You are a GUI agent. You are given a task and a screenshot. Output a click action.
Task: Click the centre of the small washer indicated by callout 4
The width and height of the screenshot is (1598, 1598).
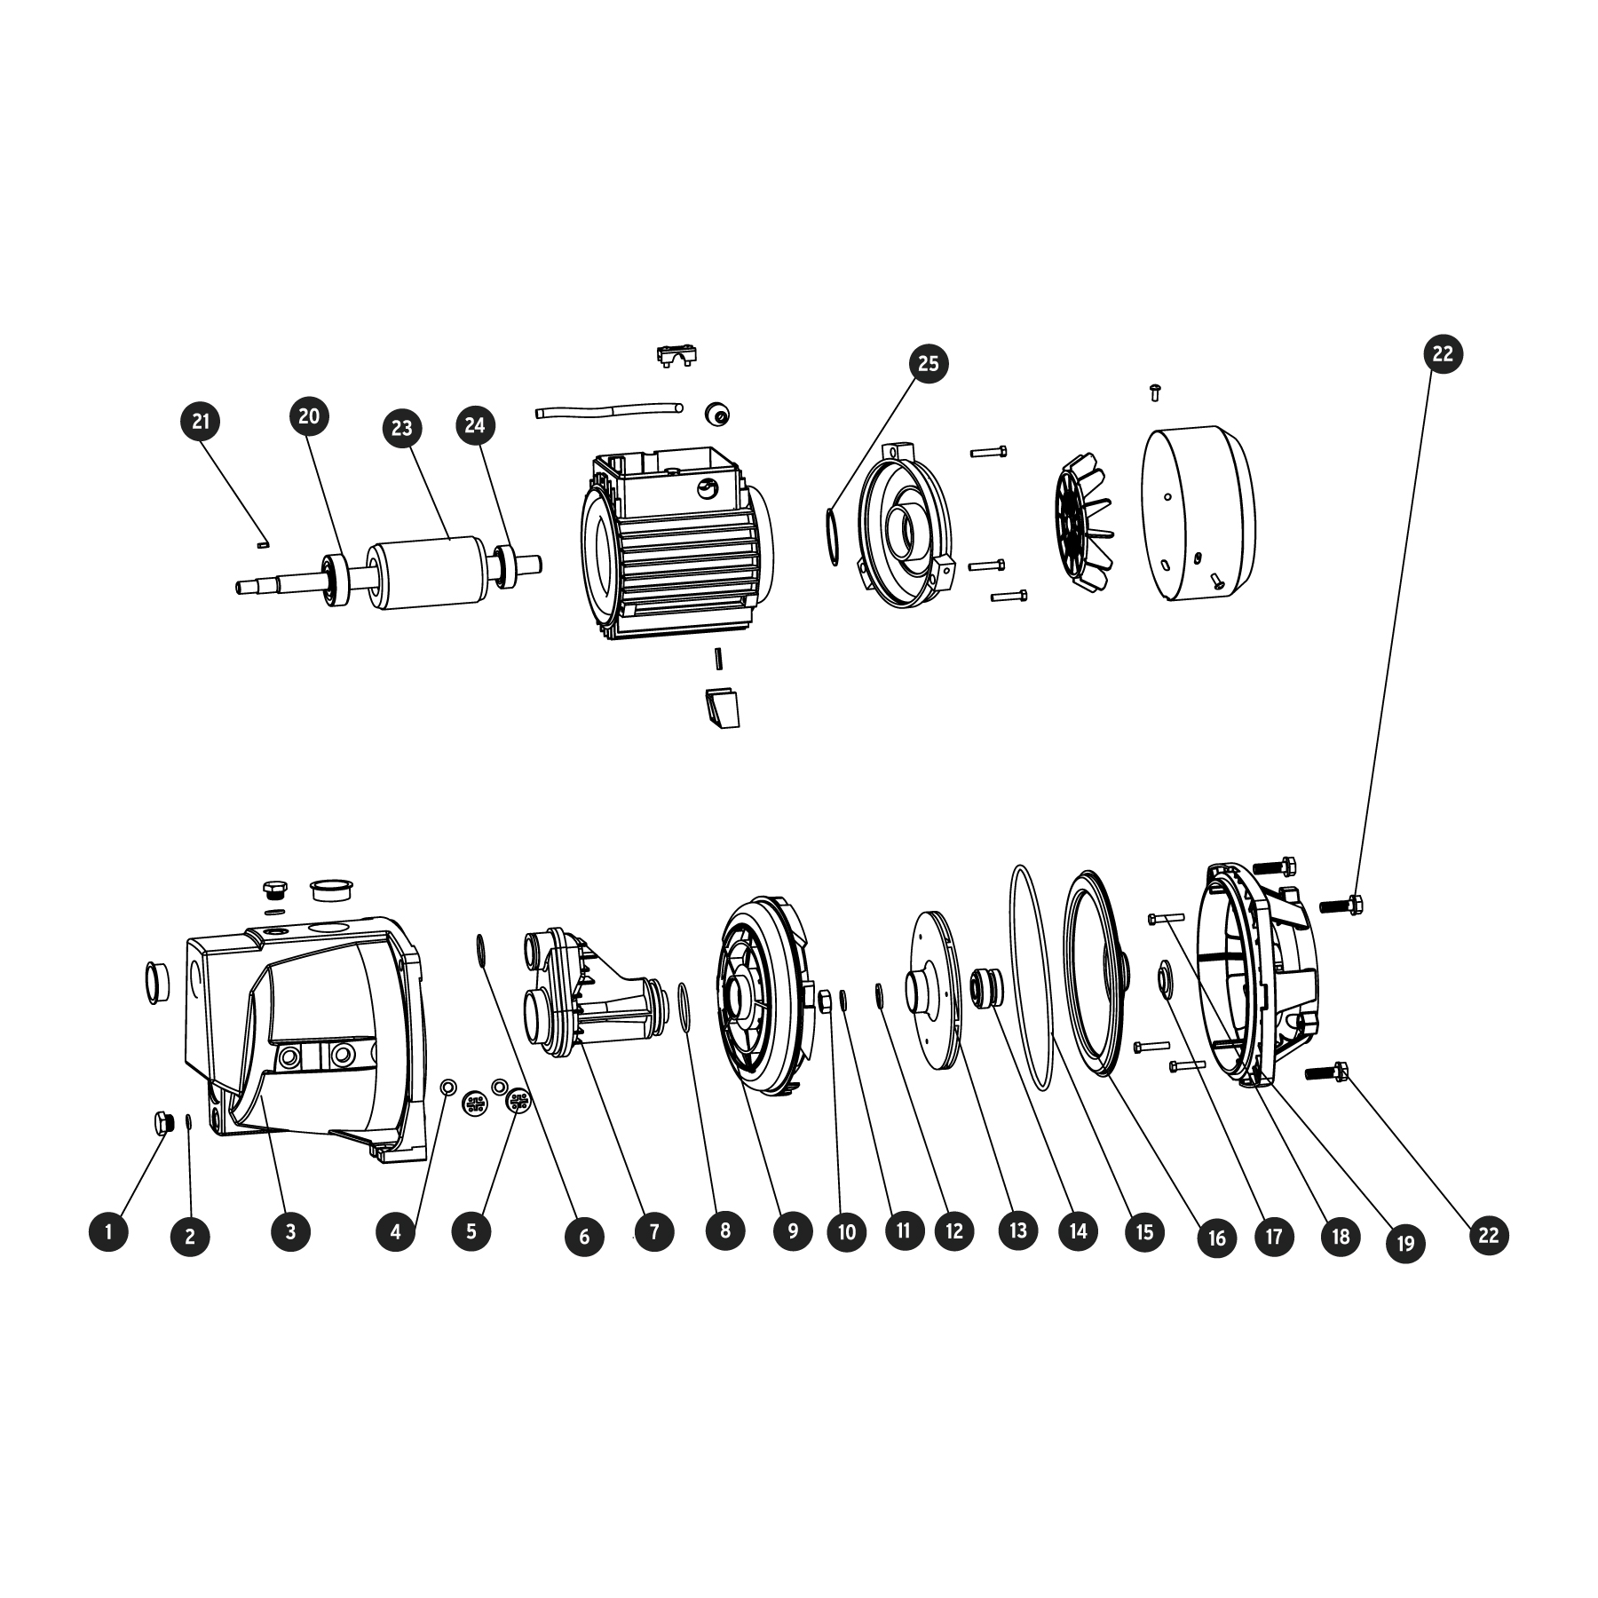(x=448, y=1088)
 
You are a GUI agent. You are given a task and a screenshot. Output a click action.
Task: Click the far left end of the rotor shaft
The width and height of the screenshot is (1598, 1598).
(x=238, y=586)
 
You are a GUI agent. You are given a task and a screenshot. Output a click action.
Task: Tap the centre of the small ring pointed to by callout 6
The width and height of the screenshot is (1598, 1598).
(x=480, y=949)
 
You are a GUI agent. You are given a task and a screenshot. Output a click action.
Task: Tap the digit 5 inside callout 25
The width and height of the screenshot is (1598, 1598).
(x=933, y=364)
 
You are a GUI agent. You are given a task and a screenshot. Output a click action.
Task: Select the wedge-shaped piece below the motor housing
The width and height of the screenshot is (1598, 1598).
(x=723, y=708)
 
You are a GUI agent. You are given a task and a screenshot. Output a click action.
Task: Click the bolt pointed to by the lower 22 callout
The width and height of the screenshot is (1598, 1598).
(x=1327, y=1074)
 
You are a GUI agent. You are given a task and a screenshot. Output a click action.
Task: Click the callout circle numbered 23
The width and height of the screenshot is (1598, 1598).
(x=402, y=428)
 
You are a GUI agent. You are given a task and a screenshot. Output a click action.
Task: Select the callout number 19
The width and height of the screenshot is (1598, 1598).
(x=1405, y=1243)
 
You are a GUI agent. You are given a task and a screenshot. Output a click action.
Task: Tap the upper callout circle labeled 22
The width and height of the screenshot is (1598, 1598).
(x=1443, y=353)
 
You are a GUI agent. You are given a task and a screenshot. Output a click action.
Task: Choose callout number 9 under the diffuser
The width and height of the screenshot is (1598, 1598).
(x=793, y=1230)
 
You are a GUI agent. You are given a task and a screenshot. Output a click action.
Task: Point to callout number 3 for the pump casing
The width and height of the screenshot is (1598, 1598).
(x=290, y=1231)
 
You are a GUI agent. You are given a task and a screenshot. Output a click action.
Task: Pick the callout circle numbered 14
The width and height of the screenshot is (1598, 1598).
(x=1078, y=1231)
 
